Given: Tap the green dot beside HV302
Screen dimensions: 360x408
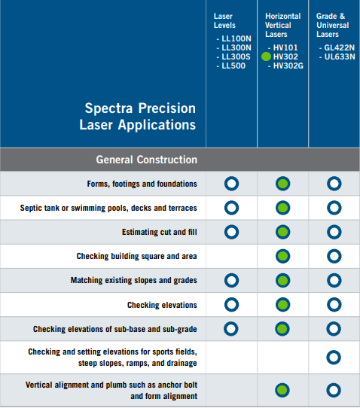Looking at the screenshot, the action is pyautogui.click(x=266, y=56).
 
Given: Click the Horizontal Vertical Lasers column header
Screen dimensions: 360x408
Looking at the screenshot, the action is pyautogui.click(x=282, y=25).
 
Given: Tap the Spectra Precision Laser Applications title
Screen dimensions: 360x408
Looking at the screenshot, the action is pyautogui.click(x=140, y=117).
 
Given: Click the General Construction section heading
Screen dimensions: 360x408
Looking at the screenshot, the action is pyautogui.click(x=146, y=160).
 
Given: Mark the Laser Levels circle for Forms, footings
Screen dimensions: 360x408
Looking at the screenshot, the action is pyautogui.click(x=231, y=184).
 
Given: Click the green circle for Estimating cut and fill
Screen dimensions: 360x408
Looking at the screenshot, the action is pyautogui.click(x=282, y=232).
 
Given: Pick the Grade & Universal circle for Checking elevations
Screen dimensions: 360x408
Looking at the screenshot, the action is pyautogui.click(x=334, y=304).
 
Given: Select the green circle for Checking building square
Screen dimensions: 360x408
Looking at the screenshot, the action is pyautogui.click(x=282, y=256).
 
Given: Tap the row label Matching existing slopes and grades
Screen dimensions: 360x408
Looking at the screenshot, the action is pyautogui.click(x=134, y=280).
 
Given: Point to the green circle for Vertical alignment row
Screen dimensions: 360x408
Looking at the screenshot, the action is pyautogui.click(x=282, y=390).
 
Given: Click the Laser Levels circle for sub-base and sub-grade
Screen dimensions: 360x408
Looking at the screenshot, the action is pyautogui.click(x=231, y=328).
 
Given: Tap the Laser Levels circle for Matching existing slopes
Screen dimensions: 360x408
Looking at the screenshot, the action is pyautogui.click(x=231, y=280).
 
